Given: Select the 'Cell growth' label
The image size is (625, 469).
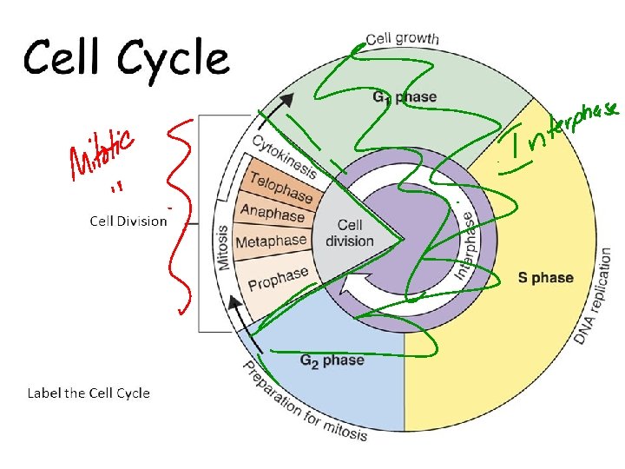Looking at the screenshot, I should tap(402, 38).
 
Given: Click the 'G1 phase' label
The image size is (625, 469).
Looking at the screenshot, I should tap(405, 97).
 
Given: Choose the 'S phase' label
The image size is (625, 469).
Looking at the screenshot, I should tap(545, 278).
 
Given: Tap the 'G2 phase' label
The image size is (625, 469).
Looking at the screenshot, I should tap(332, 360).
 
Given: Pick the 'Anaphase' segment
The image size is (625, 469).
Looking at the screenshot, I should tap(273, 214).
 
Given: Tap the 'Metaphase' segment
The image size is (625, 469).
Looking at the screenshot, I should tap(271, 241).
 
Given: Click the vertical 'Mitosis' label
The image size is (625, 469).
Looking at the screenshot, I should tap(223, 248).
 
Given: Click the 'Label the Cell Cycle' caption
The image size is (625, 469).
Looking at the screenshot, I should tap(89, 393).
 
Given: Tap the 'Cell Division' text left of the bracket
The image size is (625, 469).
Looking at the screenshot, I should tap(128, 221).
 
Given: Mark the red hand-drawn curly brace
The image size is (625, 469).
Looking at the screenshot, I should tap(180, 217).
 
